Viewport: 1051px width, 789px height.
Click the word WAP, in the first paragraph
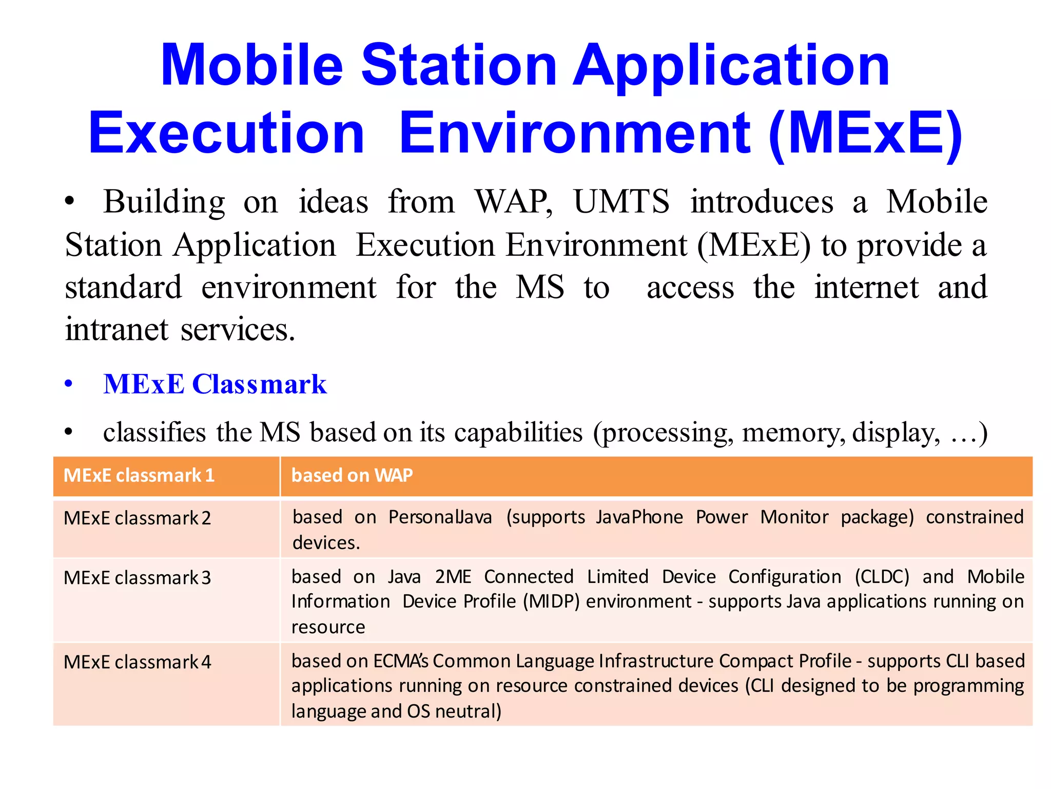pos(513,201)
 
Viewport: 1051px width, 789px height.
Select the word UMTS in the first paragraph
pos(621,201)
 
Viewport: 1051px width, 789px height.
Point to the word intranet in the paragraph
pos(116,329)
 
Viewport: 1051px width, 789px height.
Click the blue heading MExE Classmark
pos(215,384)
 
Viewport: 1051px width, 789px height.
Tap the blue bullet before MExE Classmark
pos(69,384)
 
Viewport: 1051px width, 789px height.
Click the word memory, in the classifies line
pos(793,433)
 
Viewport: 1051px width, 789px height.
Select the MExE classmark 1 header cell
pos(139,476)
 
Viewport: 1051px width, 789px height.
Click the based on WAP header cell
pos(352,476)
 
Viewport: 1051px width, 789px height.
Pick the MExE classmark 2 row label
pos(137,518)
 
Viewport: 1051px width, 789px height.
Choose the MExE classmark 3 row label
pos(137,578)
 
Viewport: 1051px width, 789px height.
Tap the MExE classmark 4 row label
pos(137,663)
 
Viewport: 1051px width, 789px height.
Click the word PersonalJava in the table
pos(440,517)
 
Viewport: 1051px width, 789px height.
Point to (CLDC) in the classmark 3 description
pos(882,577)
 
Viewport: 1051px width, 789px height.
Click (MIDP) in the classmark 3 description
pos(551,602)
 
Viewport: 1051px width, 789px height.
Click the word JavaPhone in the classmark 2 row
pos(639,517)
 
